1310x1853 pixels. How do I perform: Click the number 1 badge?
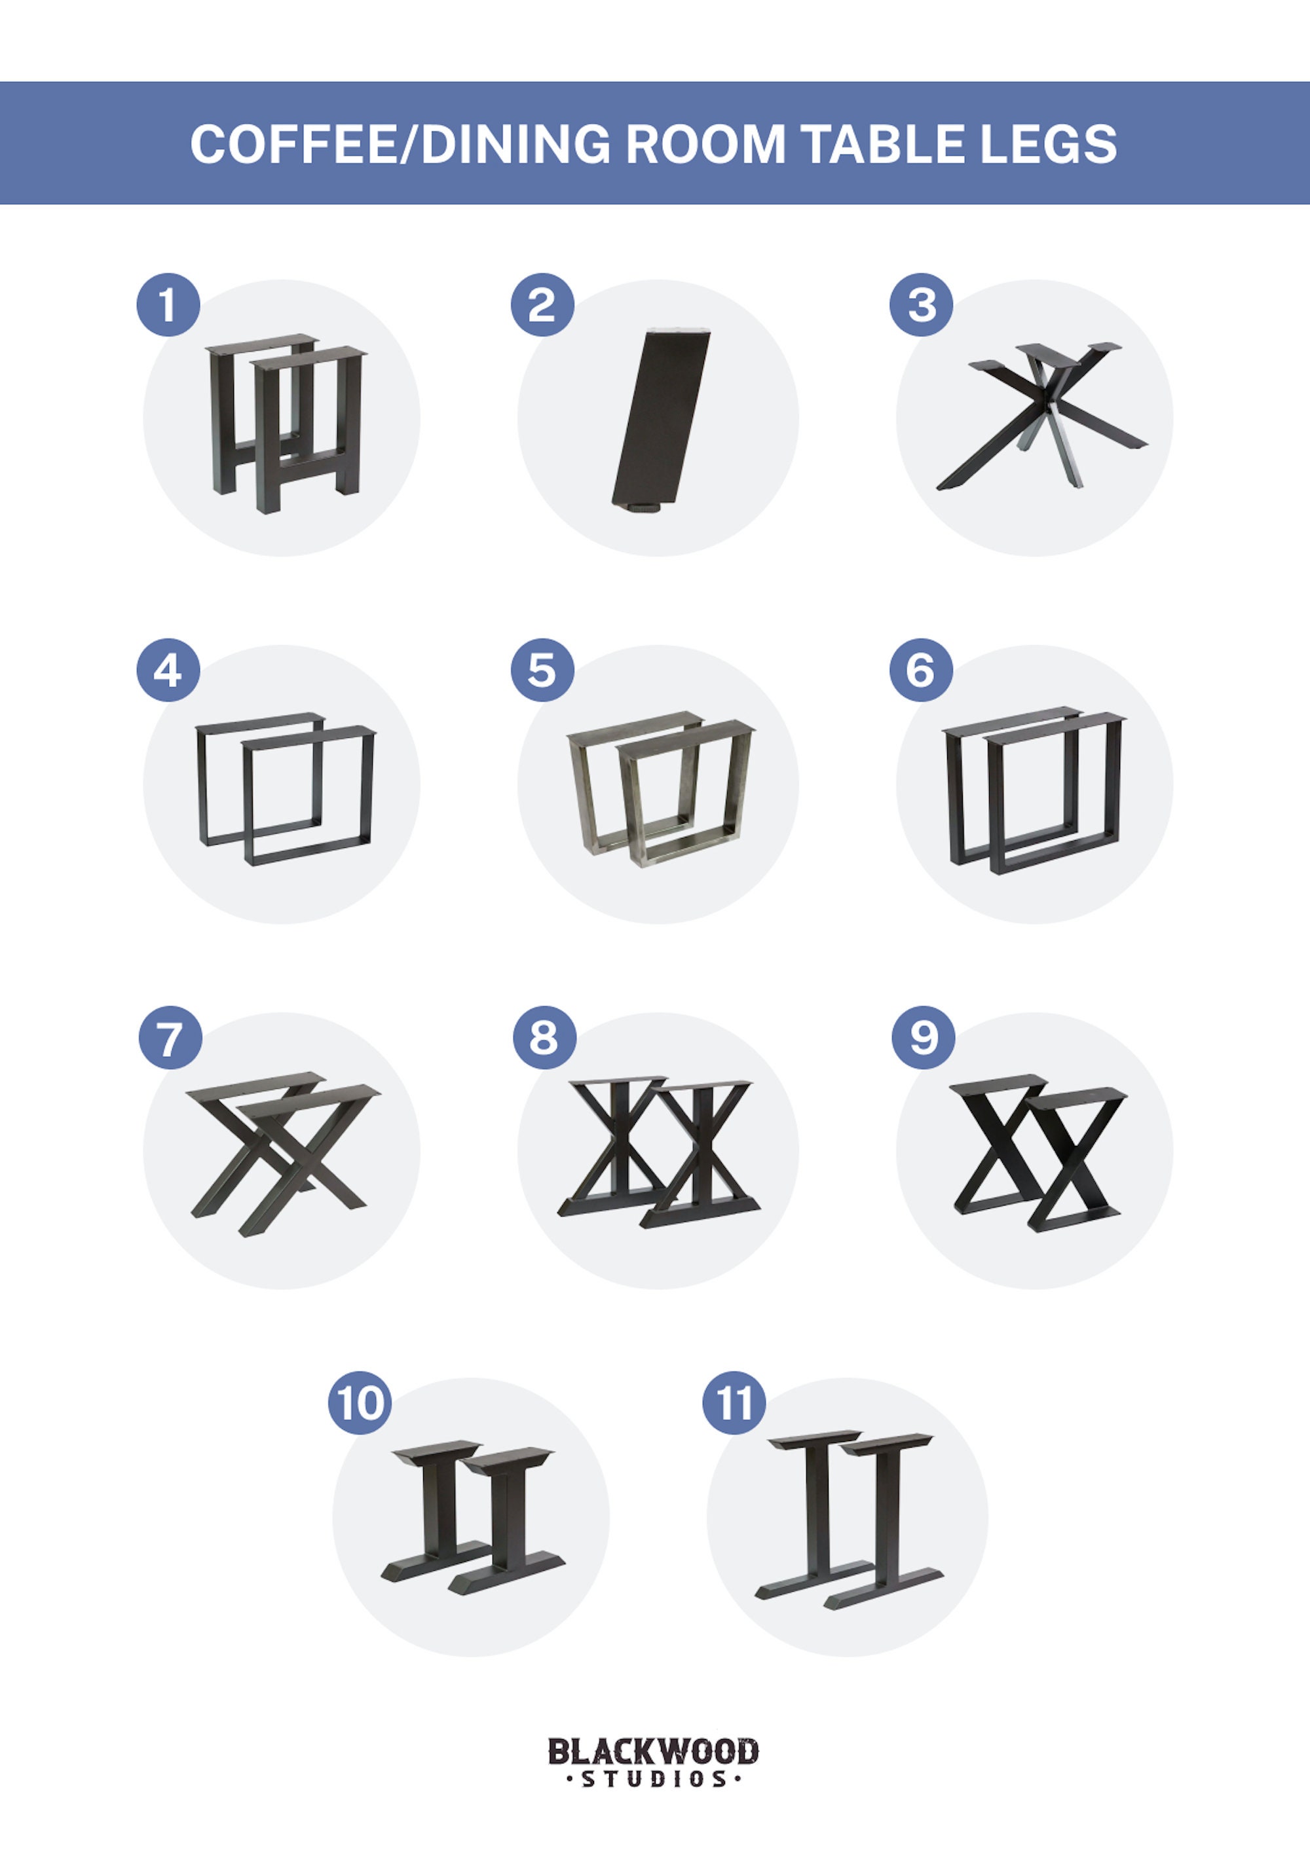[168, 305]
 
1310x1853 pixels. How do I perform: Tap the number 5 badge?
[542, 670]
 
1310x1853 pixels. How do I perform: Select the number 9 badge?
[924, 1037]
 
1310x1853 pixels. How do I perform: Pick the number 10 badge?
[360, 1403]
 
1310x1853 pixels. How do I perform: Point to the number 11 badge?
[734, 1403]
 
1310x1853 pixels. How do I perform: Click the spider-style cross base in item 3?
[1041, 415]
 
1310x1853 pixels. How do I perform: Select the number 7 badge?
[170, 1037]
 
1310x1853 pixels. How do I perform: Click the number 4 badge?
[168, 670]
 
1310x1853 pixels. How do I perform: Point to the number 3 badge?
[921, 305]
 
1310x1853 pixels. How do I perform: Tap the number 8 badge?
[545, 1037]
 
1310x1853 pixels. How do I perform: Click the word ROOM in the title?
[705, 145]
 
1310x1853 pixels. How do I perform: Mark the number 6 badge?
[921, 670]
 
